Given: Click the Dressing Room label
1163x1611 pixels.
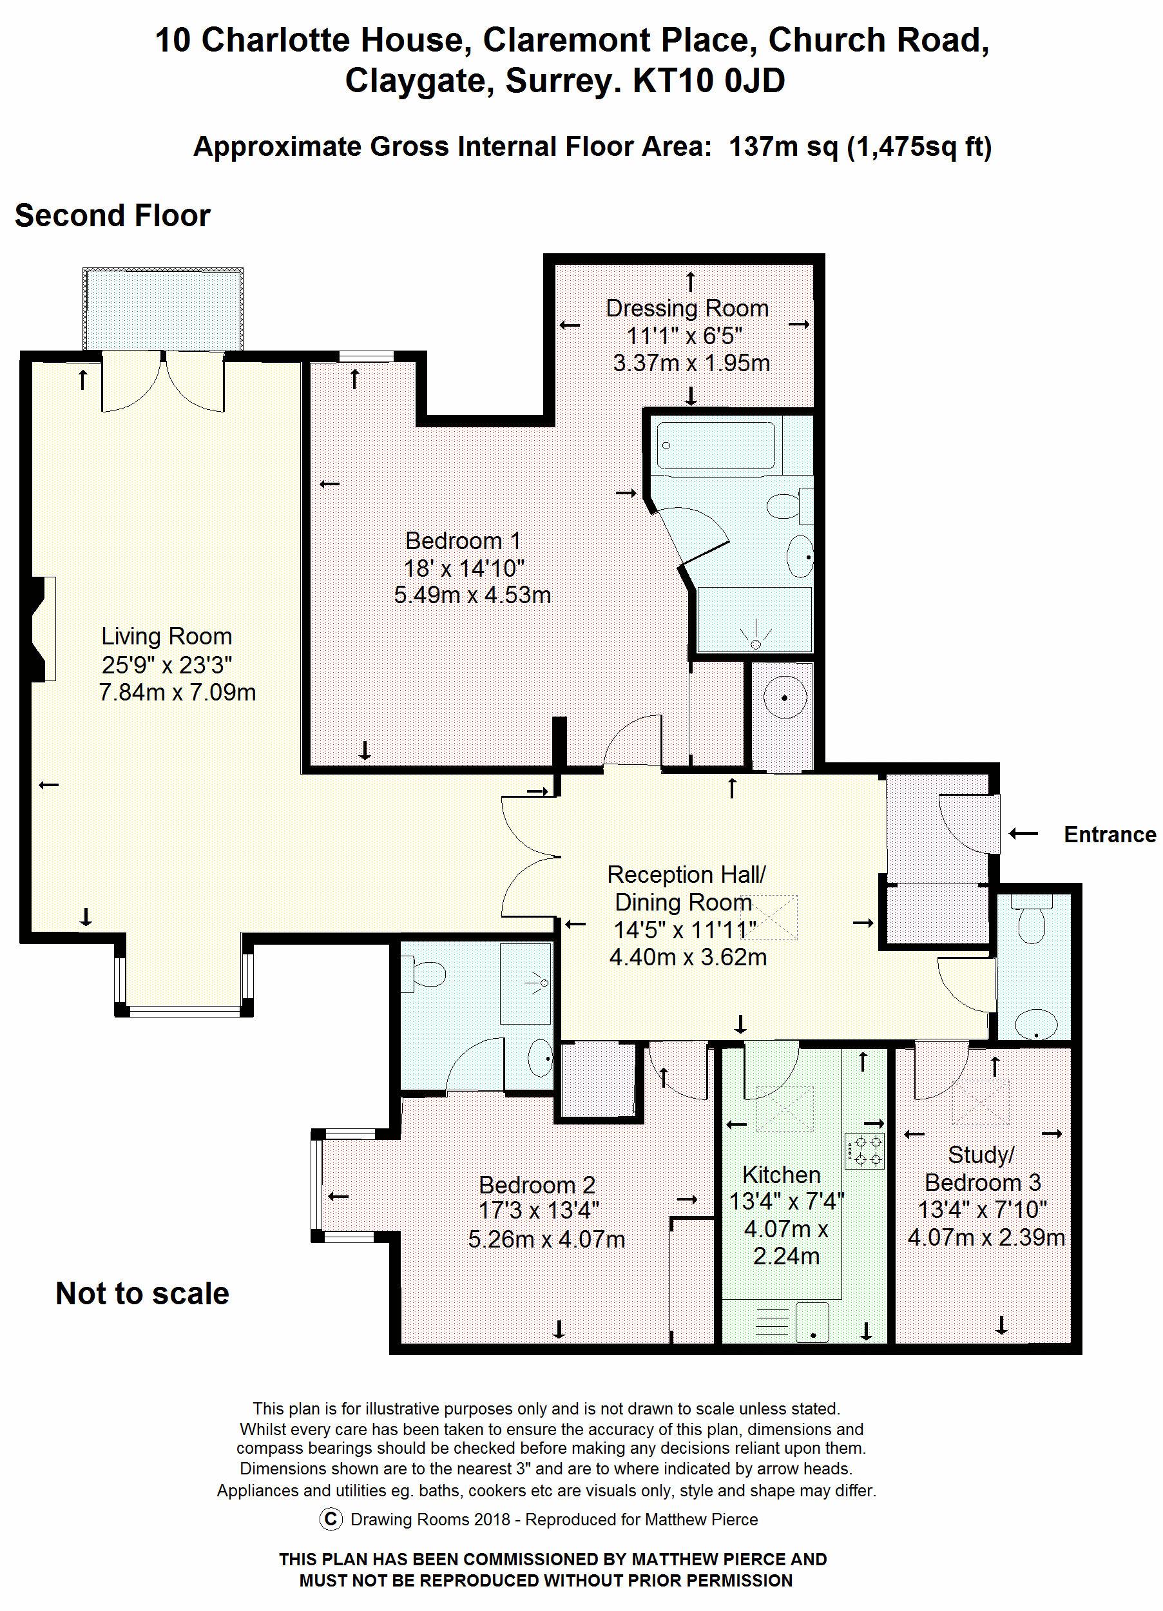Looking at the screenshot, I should tap(687, 308).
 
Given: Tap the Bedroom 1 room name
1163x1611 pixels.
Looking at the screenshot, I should tap(463, 541).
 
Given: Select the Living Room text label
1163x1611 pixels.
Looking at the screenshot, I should tap(166, 636).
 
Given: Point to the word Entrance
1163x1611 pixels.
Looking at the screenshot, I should tap(1110, 834).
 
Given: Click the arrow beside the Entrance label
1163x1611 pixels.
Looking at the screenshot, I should tap(1024, 833).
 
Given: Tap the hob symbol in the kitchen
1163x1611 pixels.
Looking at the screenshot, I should tap(865, 1152).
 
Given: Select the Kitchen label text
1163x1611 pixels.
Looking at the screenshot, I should tap(781, 1174).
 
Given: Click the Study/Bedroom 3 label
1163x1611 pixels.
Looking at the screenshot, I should tap(983, 1168).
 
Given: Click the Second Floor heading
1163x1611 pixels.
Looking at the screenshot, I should tap(112, 216).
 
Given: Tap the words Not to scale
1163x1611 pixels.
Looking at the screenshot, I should tap(142, 1293).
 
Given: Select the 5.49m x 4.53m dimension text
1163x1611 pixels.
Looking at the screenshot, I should tap(472, 595).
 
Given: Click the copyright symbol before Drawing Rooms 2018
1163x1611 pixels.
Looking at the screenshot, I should tap(331, 1519).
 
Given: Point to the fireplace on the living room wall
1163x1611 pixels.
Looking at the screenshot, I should tap(44, 629).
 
